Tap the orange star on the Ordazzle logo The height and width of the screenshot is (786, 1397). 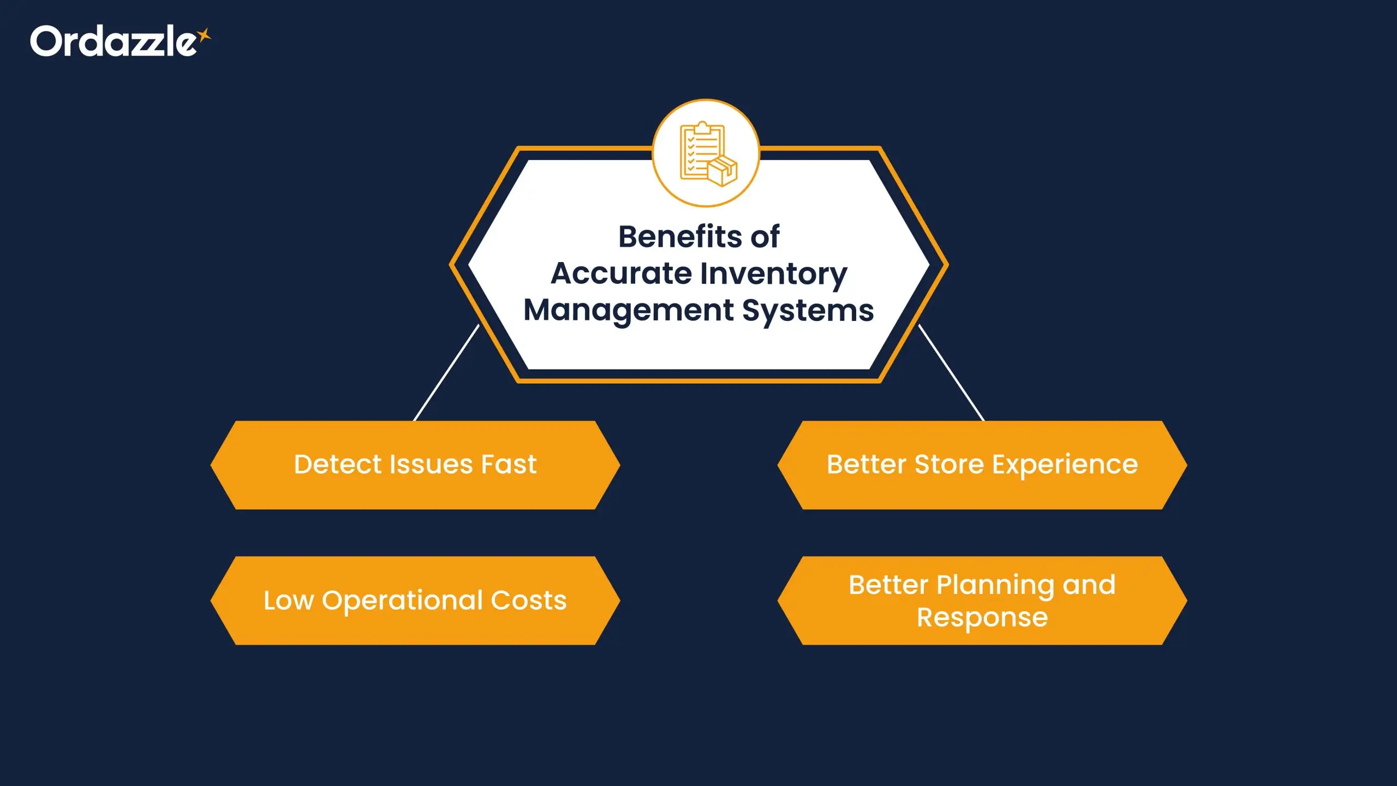[204, 35]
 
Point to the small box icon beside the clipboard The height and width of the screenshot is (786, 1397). [723, 171]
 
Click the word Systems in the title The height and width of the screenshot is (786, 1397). [808, 311]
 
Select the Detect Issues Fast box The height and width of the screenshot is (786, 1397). [415, 465]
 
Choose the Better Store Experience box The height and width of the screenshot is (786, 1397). [982, 465]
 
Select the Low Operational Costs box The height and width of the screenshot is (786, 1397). [415, 600]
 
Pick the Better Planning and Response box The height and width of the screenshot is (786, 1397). [982, 600]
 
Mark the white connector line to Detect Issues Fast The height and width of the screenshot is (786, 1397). [446, 373]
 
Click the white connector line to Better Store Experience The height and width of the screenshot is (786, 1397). [952, 373]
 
